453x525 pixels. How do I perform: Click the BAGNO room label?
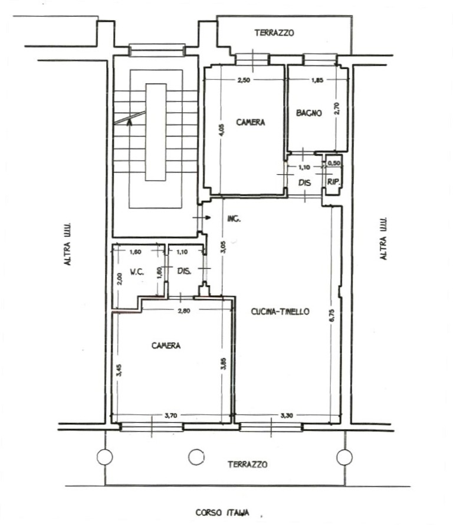(309, 113)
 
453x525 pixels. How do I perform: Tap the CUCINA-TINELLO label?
(280, 311)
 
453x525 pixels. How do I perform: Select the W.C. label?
(137, 272)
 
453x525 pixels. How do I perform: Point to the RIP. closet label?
(334, 182)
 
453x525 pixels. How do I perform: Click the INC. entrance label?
(234, 219)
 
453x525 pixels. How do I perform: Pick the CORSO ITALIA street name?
(222, 513)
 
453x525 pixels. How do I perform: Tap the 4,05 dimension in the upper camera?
(222, 131)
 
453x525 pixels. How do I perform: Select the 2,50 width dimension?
(244, 80)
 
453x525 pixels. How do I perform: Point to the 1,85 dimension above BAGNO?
(317, 80)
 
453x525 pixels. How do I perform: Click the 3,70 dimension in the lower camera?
(171, 416)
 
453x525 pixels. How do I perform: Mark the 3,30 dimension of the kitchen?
(287, 416)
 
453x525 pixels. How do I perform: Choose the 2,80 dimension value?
(184, 311)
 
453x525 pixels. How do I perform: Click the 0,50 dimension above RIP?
(334, 163)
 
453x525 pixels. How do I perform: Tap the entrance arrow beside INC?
(202, 218)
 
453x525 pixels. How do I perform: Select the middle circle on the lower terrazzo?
(196, 456)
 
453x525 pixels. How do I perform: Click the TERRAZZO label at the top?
(274, 33)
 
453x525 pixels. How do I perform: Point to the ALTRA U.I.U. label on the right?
(383, 239)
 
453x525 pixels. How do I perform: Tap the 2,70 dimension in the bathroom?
(337, 108)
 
